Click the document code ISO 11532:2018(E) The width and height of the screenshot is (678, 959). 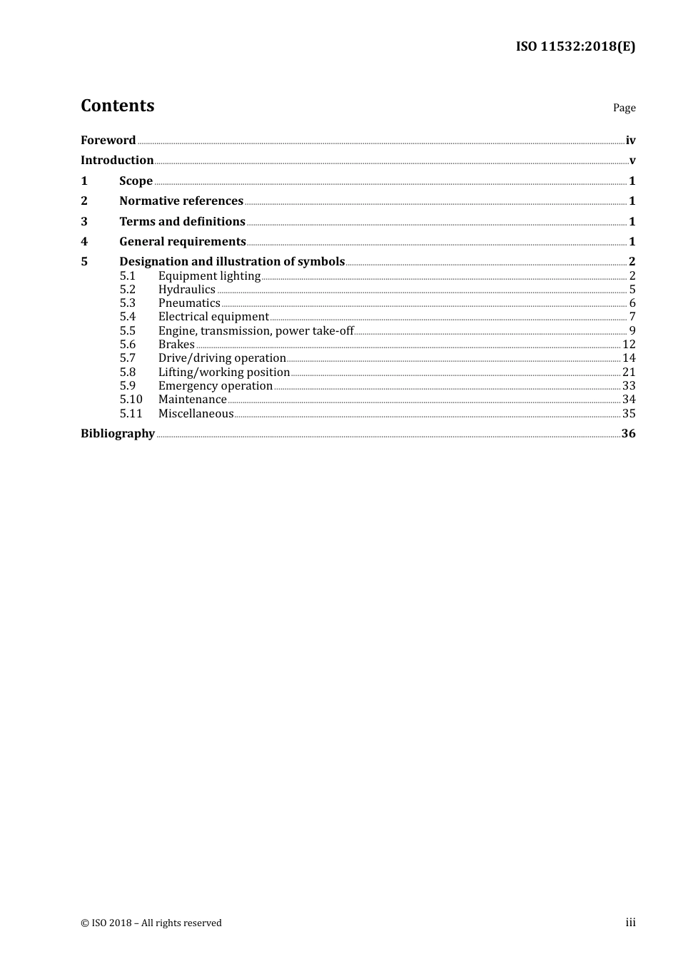(575, 47)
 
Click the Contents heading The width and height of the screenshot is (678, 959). (118, 106)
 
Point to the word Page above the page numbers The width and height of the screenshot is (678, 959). (624, 108)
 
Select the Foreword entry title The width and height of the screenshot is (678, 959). (108, 140)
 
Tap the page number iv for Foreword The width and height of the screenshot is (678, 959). (630, 140)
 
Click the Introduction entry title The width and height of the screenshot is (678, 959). (117, 160)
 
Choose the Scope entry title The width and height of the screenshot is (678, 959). (136, 181)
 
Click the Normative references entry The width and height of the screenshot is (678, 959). (181, 201)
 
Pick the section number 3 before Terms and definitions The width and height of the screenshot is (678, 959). (84, 221)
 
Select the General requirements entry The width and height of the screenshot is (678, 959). (183, 241)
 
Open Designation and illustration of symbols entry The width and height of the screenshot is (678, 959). (232, 261)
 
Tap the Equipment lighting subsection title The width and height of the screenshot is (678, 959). (209, 275)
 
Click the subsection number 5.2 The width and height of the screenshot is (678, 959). (128, 289)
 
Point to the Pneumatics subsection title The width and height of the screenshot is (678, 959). (189, 303)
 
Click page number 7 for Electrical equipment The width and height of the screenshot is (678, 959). (632, 316)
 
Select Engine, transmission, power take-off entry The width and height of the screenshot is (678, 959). (255, 330)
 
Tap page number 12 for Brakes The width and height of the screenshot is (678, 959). (629, 344)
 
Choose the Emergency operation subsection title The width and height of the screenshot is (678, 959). (216, 385)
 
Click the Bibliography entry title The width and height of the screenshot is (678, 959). (118, 433)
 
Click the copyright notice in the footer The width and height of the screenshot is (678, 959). (151, 923)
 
